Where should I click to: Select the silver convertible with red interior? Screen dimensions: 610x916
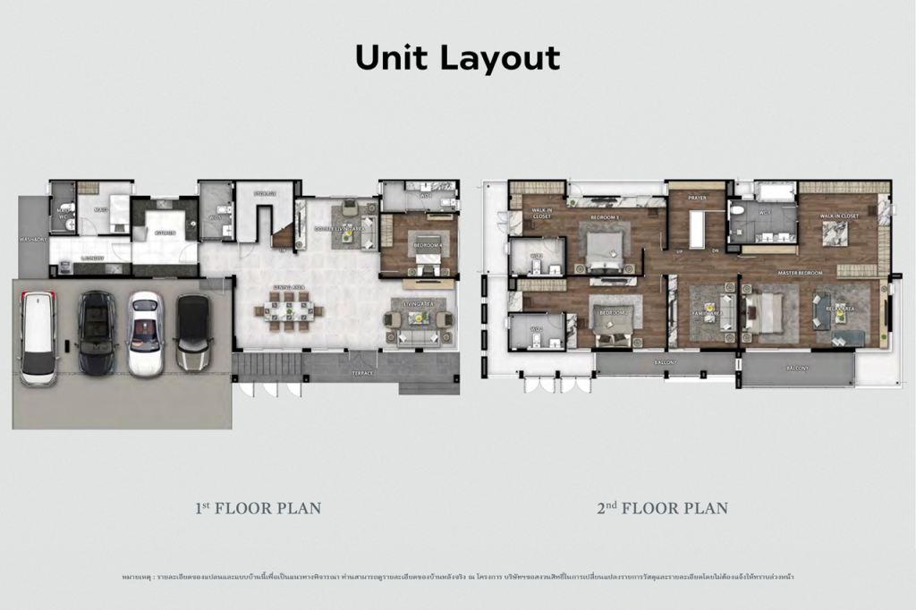click(146, 333)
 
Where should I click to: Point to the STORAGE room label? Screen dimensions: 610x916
click(264, 193)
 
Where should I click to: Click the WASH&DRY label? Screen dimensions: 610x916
click(33, 240)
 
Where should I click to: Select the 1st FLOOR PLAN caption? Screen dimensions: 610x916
click(258, 508)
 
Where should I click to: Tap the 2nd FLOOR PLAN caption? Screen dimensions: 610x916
click(662, 508)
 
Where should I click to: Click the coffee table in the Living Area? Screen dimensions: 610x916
click(416, 318)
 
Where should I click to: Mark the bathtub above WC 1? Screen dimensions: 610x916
click(775, 191)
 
